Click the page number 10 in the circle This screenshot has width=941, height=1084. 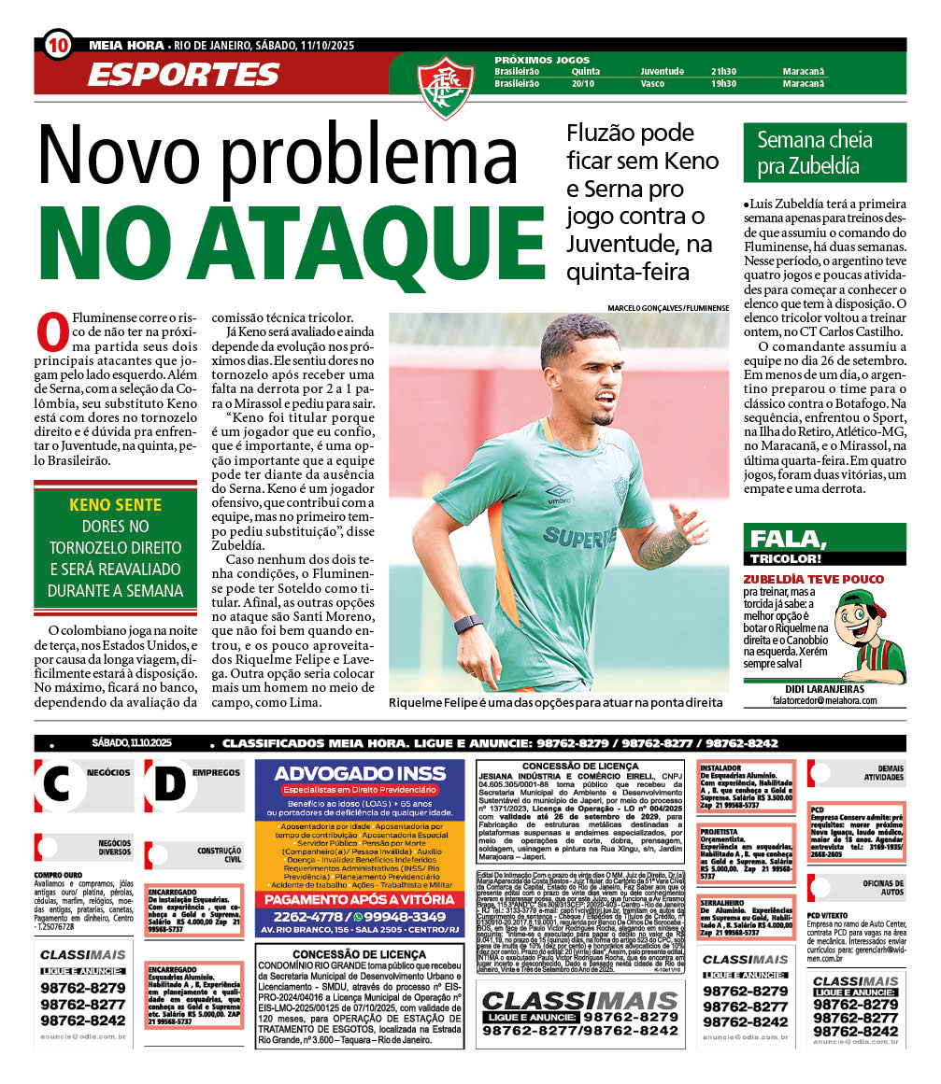[x=57, y=45]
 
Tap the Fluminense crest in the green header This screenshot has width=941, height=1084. [x=446, y=85]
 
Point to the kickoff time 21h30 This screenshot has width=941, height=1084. [x=723, y=71]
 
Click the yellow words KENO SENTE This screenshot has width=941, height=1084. [x=116, y=505]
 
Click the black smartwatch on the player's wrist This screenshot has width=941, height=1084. [x=467, y=625]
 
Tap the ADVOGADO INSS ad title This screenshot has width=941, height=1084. [x=359, y=774]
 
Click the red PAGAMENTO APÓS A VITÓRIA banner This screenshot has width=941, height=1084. [x=359, y=900]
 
